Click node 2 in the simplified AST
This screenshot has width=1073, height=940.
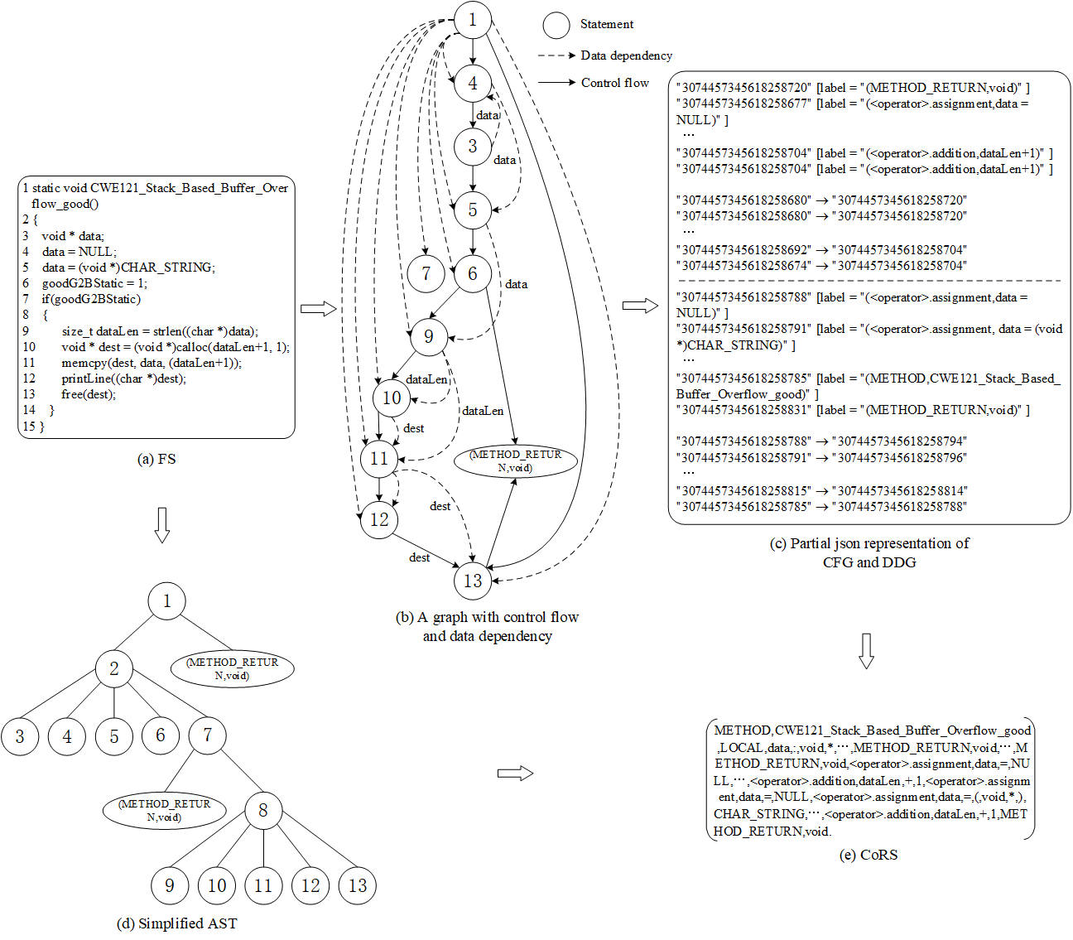point(114,668)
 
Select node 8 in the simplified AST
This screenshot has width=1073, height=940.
point(263,810)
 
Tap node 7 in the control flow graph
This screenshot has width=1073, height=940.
point(426,273)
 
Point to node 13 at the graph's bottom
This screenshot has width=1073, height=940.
point(473,581)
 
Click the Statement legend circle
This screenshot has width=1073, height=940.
point(556,25)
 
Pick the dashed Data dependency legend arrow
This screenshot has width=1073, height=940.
point(556,55)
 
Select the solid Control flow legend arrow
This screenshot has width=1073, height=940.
point(556,83)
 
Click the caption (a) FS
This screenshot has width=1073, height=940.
point(156,459)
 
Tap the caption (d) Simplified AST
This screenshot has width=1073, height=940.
point(176,923)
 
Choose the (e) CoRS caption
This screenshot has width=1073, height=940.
point(868,855)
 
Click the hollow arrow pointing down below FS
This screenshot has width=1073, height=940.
point(162,524)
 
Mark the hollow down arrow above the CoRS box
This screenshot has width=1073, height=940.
point(866,650)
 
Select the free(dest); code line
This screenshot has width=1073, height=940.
point(89,394)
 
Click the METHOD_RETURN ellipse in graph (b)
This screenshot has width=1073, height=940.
point(515,461)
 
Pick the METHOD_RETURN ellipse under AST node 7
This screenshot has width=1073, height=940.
point(164,810)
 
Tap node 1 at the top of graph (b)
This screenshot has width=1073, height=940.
point(473,20)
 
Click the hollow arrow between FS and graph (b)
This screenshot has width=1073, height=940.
point(318,309)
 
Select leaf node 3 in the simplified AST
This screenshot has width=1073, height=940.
point(20,736)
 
